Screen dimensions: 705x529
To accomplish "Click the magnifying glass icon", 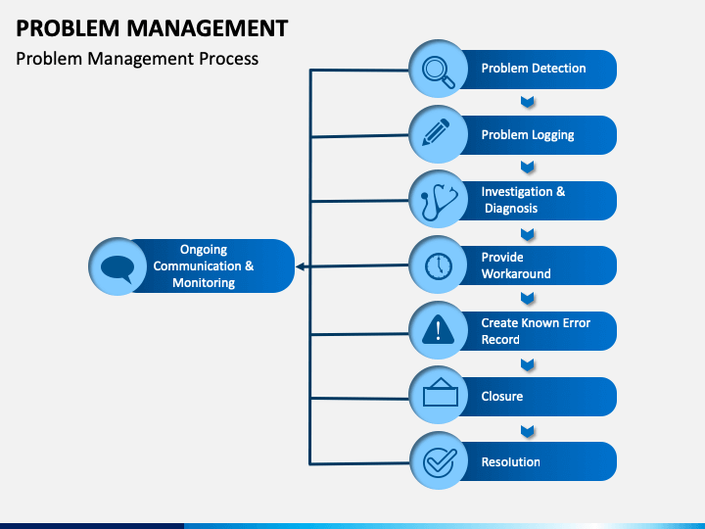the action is pos(439,72).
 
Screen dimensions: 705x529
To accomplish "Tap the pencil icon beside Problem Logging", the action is pos(436,132).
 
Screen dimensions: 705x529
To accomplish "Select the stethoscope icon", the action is pos(439,202).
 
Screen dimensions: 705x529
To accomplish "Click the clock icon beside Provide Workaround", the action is pos(439,266).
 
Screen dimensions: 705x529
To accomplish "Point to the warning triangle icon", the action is pos(439,330).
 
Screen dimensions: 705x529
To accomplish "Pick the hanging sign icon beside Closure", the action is pos(441,392).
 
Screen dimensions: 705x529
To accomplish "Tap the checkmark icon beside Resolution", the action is pos(440,462).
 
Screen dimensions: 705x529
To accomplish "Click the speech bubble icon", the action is pos(117,268).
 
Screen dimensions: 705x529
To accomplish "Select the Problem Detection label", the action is pos(534,69).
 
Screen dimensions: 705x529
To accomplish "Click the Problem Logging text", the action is pos(528,135).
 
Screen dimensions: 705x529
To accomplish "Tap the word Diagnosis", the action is pos(511,209).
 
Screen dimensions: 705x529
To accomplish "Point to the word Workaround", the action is pos(516,274).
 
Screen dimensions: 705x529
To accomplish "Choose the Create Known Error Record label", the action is pos(536,331).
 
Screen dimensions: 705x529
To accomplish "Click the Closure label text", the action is pos(502,397).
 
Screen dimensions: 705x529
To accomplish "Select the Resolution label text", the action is pos(511,462).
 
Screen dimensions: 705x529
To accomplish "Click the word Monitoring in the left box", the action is pos(204,283).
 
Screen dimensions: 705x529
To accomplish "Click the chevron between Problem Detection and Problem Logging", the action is pos(528,102).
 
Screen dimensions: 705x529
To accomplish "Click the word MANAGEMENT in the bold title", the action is pos(208,28).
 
